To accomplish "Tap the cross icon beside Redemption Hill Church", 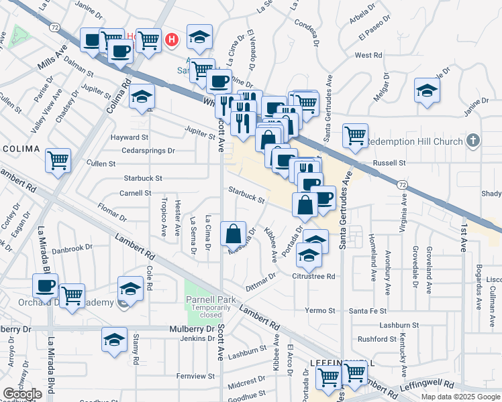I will coord(473,141).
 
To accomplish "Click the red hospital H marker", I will coord(172,40).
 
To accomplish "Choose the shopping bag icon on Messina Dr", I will coord(233,234).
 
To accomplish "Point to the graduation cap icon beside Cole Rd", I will coord(131,288).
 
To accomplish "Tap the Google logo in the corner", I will coord(22,394).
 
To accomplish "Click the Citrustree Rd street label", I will coord(313,276).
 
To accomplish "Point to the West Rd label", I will coord(368,55).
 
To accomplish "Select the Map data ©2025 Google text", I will coord(460,396).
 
